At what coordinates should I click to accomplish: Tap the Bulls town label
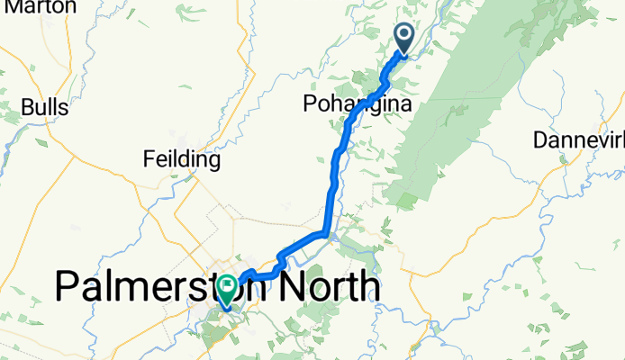pos(45,107)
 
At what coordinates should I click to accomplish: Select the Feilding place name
pos(182,161)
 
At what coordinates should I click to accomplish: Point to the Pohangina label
pos(358,106)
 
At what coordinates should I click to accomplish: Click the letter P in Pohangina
pos(309,106)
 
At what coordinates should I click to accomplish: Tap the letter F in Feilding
pos(149,161)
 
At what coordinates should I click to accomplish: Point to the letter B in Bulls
pos(28,107)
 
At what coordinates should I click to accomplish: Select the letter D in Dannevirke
pos(540,140)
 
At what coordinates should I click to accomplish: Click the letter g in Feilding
pos(213,163)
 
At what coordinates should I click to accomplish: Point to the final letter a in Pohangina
pos(405,106)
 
